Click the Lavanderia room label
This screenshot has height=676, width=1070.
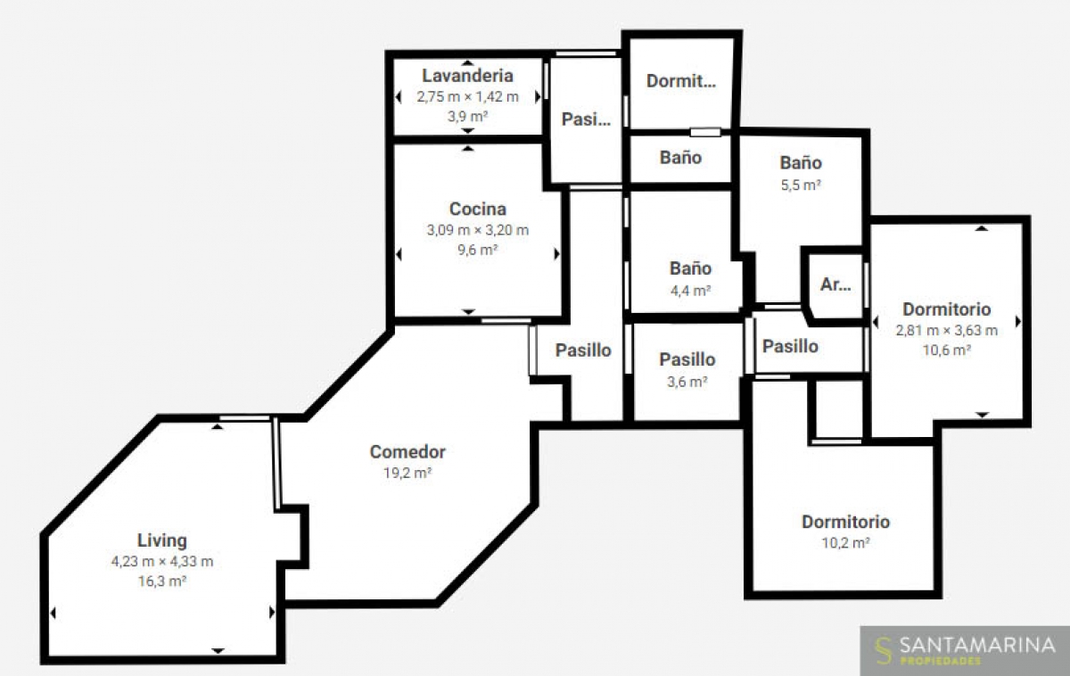click(467, 76)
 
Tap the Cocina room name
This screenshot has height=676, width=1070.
click(478, 209)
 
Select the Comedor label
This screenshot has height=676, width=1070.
click(407, 451)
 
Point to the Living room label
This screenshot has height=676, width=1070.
click(162, 540)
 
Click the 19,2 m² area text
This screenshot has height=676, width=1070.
click(407, 473)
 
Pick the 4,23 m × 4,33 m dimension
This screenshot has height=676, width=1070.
click(162, 561)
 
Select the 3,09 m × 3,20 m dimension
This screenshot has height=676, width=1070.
click(478, 230)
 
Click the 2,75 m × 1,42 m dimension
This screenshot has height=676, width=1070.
click(467, 97)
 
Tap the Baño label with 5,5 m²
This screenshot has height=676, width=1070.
click(801, 163)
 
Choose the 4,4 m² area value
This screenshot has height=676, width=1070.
click(691, 291)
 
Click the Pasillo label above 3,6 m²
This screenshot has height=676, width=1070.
click(687, 359)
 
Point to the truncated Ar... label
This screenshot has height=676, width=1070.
click(835, 284)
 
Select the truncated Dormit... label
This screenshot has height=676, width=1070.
click(680, 81)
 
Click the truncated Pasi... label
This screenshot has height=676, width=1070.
click(586, 119)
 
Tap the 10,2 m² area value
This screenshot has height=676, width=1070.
click(845, 543)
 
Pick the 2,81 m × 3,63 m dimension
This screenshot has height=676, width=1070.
click(946, 331)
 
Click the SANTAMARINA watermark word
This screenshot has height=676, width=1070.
click(977, 646)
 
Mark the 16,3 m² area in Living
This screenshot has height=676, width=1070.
click(162, 581)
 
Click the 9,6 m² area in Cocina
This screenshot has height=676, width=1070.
click(478, 250)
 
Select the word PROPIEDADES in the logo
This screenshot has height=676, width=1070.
click(941, 661)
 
